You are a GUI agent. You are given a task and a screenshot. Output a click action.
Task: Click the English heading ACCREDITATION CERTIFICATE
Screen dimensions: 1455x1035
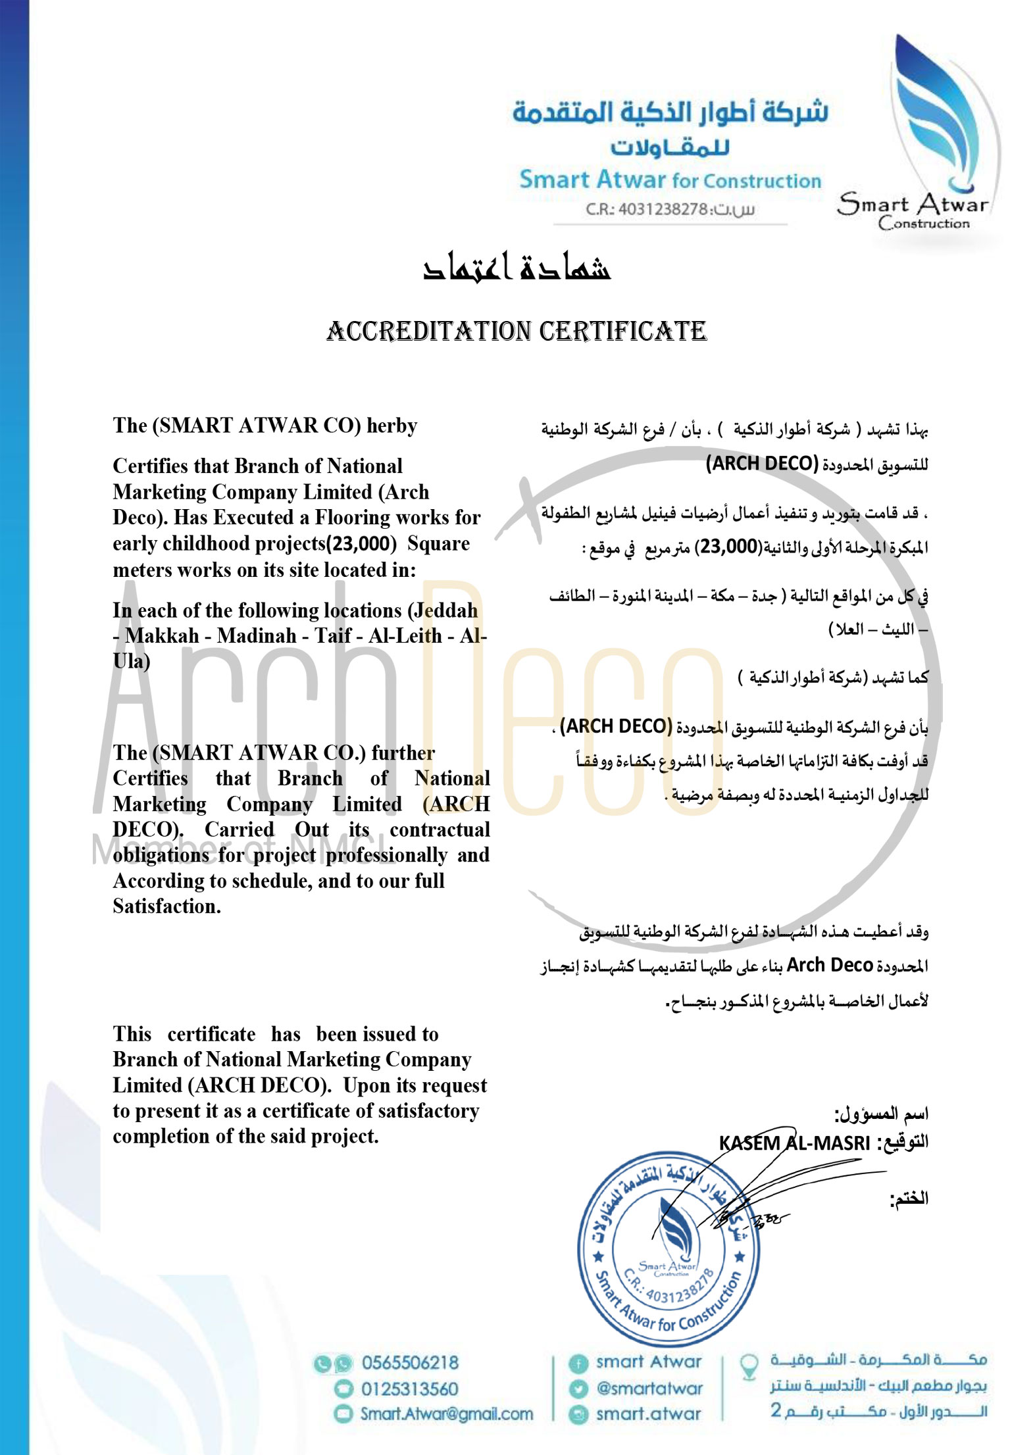point(517,331)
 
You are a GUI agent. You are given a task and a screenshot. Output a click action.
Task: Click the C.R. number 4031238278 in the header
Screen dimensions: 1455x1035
point(663,210)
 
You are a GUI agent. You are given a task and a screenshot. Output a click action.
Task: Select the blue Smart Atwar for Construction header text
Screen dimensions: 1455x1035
point(670,180)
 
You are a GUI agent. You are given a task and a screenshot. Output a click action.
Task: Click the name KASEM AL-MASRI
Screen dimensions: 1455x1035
point(794,1143)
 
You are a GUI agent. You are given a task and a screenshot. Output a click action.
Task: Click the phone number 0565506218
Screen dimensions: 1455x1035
point(410,1363)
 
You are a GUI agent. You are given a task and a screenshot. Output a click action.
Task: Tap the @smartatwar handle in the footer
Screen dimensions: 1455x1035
point(649,1389)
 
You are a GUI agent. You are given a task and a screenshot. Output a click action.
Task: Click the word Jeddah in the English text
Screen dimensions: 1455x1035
point(447,610)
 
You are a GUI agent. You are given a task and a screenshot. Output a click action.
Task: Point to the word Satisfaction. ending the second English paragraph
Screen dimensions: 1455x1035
point(166,906)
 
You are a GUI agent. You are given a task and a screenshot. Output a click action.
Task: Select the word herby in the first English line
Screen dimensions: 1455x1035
point(392,426)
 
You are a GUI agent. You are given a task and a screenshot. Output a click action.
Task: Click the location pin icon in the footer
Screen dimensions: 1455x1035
point(749,1366)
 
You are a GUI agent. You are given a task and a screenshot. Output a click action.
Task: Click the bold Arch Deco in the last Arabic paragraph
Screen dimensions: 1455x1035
point(829,965)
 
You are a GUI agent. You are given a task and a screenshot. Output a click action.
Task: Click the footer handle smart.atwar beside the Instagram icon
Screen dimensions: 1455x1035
point(648,1414)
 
